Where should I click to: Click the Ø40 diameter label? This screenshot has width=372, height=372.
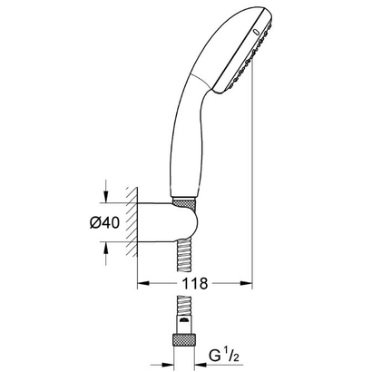[108, 221]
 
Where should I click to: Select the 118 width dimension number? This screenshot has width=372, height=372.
[192, 284]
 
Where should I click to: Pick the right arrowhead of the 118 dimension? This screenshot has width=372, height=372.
[243, 283]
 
